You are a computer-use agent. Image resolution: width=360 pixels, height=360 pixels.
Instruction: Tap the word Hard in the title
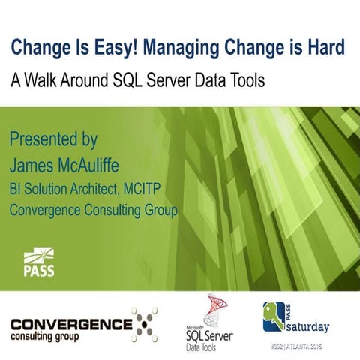(328, 47)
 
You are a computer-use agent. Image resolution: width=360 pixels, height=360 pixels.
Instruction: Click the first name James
(35, 163)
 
